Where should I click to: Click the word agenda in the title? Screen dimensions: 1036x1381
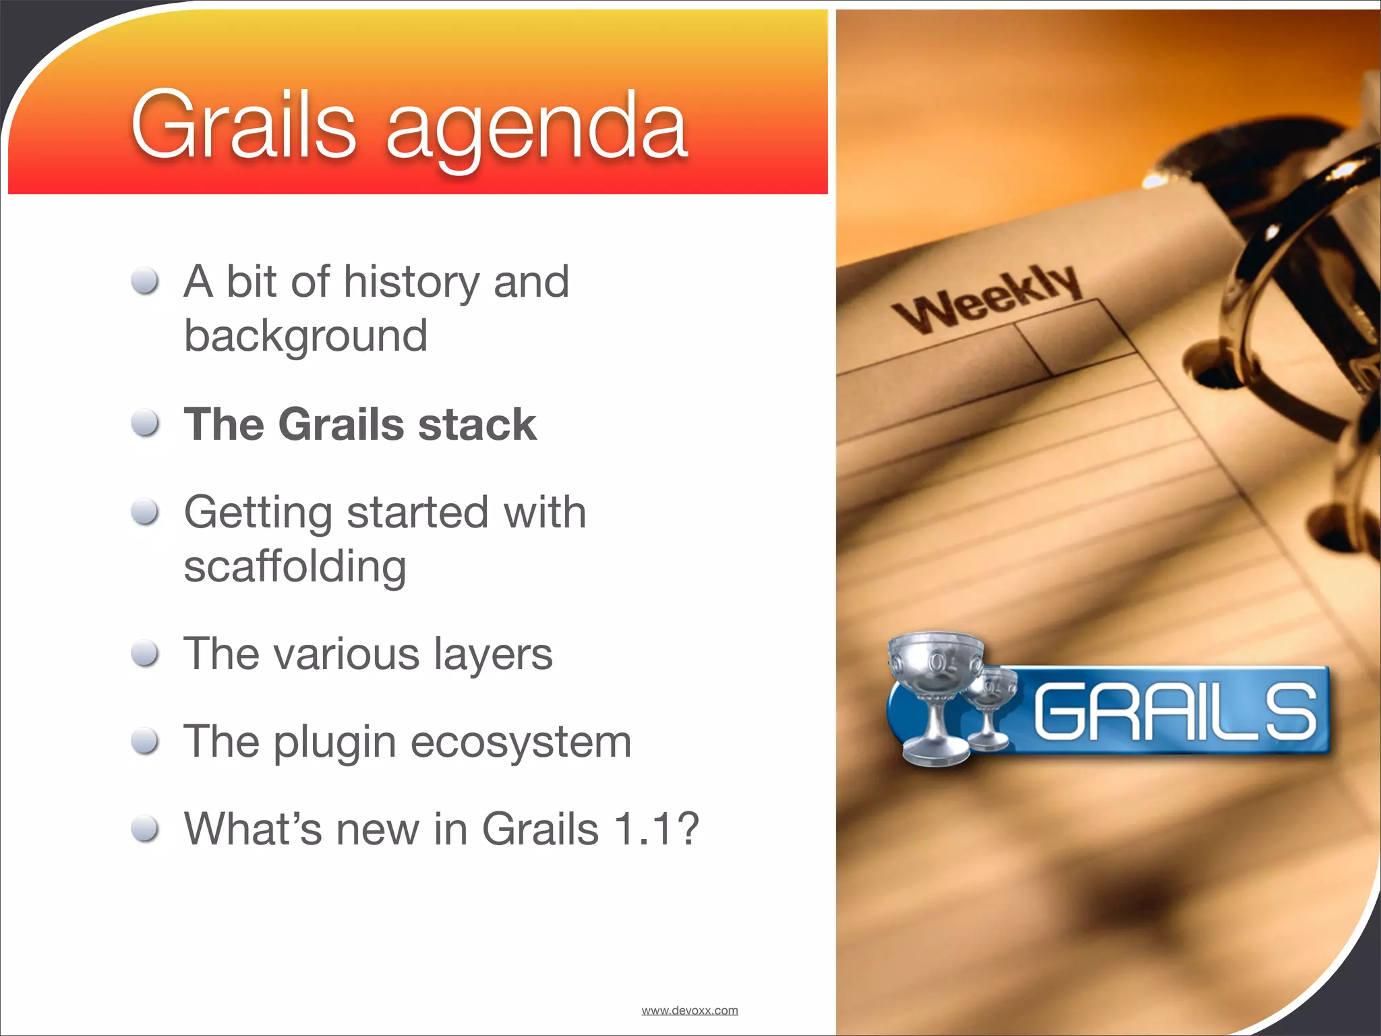coord(536,128)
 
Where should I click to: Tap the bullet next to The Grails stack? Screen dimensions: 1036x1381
coord(145,424)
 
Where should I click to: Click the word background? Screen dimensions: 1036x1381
coord(305,336)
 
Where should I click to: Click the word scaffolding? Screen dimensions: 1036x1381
coord(295,567)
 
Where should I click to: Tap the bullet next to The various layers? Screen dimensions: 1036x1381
coord(145,653)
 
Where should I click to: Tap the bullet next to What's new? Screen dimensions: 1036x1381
coord(145,828)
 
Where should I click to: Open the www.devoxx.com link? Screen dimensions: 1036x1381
coord(689,1010)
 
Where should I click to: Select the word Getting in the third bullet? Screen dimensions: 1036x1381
coord(258,513)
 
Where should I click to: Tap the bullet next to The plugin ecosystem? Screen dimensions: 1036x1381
coord(145,741)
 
